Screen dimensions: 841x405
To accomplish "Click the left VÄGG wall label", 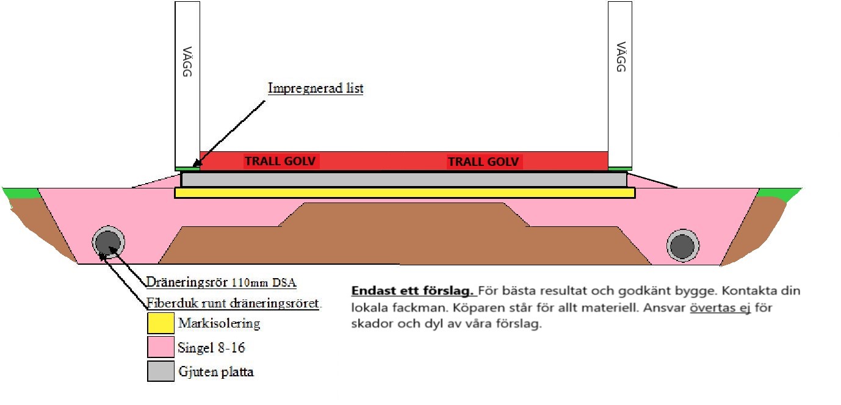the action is [187, 62].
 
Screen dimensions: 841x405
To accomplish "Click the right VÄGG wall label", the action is [621, 57].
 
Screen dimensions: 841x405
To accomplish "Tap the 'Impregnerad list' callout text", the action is [316, 88].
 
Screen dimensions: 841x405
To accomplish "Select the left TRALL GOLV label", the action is [280, 161].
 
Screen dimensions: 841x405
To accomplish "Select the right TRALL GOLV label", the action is [483, 162].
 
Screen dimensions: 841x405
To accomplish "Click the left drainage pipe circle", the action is [109, 242].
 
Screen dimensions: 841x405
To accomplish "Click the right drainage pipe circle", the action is [683, 245].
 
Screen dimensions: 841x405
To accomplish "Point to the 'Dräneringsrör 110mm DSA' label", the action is [221, 282].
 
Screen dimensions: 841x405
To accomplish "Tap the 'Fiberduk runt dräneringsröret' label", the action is [233, 303].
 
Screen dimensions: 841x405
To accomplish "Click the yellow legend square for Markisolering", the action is [161, 323].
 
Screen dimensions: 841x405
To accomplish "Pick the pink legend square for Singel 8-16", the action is [161, 347].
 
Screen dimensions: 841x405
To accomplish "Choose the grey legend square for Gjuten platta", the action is [161, 371].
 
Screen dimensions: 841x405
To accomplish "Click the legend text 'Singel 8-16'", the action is [211, 348].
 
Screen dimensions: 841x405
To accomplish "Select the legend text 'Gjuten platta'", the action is [216, 371].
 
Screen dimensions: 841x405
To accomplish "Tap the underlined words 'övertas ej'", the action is [720, 308].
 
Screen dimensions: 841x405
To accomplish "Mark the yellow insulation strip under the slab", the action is [405, 193].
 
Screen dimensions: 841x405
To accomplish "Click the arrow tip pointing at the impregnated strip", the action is [193, 167].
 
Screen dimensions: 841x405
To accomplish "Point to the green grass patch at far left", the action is [22, 193].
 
